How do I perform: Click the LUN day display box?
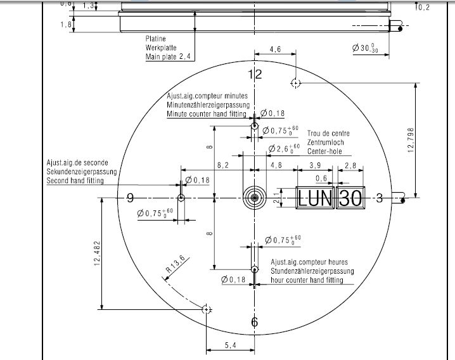tap(316, 198)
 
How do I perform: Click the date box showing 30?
tap(350, 198)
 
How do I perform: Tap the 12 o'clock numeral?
tap(255, 75)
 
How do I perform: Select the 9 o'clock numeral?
tap(130, 198)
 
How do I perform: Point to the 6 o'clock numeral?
tap(255, 323)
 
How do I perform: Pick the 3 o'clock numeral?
tap(379, 198)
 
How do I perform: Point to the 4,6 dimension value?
tap(275, 49)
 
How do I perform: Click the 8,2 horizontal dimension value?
tap(224, 165)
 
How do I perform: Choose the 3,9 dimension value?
tap(314, 165)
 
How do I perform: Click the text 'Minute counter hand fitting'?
tap(208, 113)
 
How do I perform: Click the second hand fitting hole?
tap(181, 198)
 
